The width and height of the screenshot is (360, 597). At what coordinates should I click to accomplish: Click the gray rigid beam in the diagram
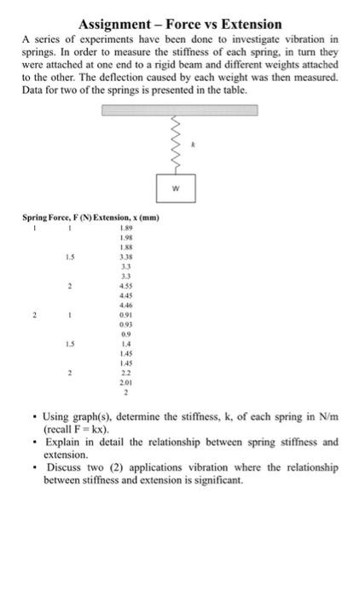coord(180,110)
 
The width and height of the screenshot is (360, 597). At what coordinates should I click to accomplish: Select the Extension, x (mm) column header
coord(119,217)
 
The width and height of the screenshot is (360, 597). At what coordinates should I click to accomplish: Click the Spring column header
coord(34,217)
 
